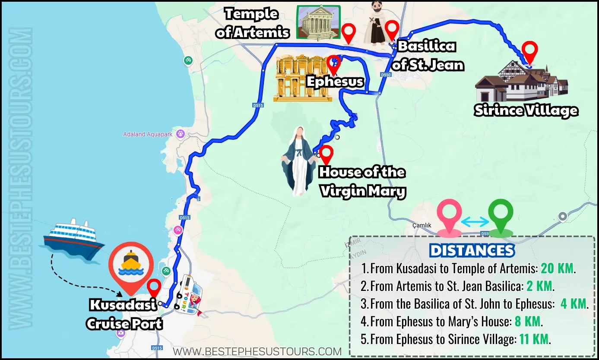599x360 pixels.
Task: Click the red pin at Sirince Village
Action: pyautogui.click(x=529, y=52)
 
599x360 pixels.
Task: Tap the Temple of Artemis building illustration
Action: pyautogui.click(x=319, y=22)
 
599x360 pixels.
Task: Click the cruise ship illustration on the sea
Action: pyautogui.click(x=72, y=241)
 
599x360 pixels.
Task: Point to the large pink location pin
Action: pyautogui.click(x=449, y=218)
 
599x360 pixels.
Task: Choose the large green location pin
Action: pyautogui.click(x=501, y=218)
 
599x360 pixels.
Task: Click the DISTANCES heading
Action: pyautogui.click(x=472, y=250)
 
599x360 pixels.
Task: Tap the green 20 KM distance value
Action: pyautogui.click(x=557, y=268)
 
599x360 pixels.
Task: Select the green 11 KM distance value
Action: pyautogui.click(x=534, y=339)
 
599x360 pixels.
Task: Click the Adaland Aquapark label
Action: pyautogui.click(x=148, y=134)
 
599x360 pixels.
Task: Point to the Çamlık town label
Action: pyautogui.click(x=422, y=225)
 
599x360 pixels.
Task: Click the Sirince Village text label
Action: pyautogui.click(x=526, y=111)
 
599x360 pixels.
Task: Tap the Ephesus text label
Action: pyautogui.click(x=335, y=82)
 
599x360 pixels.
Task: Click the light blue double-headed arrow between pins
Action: pyautogui.click(x=475, y=221)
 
